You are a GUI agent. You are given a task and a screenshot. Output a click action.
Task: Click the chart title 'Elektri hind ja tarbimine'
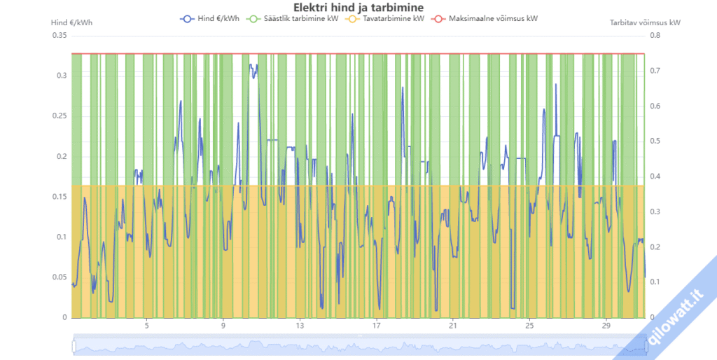tap(358, 8)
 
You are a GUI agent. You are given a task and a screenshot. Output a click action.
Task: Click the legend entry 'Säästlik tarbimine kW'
tap(293, 19)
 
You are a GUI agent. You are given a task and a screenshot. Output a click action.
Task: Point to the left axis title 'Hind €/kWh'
tap(72, 22)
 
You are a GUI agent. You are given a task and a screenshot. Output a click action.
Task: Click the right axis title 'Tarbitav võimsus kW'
tap(645, 22)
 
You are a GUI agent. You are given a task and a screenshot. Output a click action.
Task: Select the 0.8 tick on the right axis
tap(657, 36)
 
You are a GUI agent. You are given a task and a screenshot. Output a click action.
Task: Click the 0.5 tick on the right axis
tap(657, 141)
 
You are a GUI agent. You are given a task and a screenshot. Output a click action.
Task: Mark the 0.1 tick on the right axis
tap(657, 282)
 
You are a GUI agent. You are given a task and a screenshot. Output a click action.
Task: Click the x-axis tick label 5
tap(147, 326)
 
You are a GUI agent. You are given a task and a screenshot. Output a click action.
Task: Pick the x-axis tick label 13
tap(300, 326)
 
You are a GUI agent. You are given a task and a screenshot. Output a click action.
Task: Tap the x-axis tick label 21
tap(453, 326)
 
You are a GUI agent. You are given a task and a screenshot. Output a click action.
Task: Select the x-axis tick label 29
tap(606, 326)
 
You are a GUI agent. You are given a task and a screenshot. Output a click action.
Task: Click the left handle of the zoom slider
tap(73, 346)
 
